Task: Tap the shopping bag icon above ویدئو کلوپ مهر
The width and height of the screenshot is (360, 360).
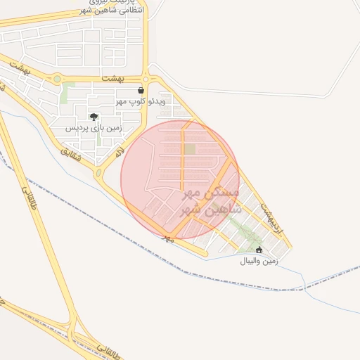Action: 141,90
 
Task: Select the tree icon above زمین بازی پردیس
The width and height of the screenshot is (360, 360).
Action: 94,117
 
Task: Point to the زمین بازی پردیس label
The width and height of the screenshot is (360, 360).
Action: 94,129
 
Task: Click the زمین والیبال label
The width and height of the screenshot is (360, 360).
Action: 260,261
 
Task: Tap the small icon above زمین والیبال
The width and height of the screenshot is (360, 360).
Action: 259,250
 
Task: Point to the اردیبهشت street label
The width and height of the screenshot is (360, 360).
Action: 271,219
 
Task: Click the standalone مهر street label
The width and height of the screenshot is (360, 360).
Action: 168,238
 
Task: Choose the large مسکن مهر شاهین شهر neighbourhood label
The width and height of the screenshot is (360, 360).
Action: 211,200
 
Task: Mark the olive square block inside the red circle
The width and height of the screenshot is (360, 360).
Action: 191,149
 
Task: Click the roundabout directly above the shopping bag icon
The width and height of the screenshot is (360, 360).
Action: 146,78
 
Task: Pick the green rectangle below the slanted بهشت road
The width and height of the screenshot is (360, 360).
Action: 67,93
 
